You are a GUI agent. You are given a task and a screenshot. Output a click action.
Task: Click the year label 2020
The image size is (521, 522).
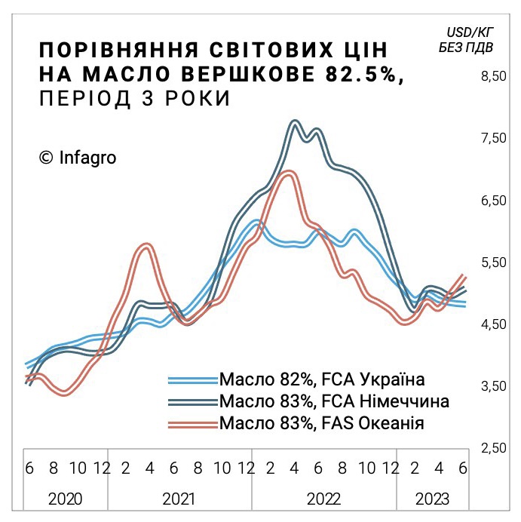point(65,499)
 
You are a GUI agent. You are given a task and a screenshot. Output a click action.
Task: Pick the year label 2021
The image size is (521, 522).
point(179,499)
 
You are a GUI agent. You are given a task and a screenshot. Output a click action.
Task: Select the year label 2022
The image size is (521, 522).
point(324,499)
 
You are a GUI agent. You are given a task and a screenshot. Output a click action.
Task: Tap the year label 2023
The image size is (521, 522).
point(433,499)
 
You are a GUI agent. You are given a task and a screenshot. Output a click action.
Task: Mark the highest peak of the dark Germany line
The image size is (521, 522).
point(295,121)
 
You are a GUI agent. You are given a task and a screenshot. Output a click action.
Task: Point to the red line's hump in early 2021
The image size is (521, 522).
point(146,246)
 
